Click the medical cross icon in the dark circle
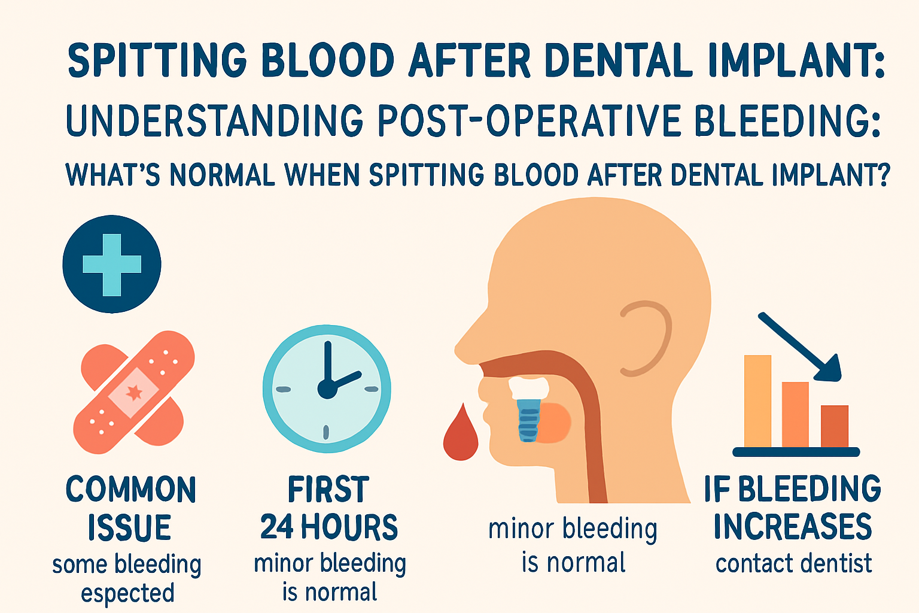coord(112,264)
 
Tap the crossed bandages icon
coord(133,392)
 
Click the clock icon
coord(327,389)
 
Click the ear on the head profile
coord(646,338)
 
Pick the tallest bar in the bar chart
coord(757,401)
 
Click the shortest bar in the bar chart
coord(834,426)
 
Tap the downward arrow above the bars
coord(802,347)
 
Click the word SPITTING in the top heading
coord(157,60)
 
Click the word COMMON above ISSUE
coord(130,490)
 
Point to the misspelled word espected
coord(127,593)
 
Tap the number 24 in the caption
coord(276,527)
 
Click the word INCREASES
coord(793,526)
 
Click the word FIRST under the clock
coord(328,490)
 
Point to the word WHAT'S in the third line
coord(112,175)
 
